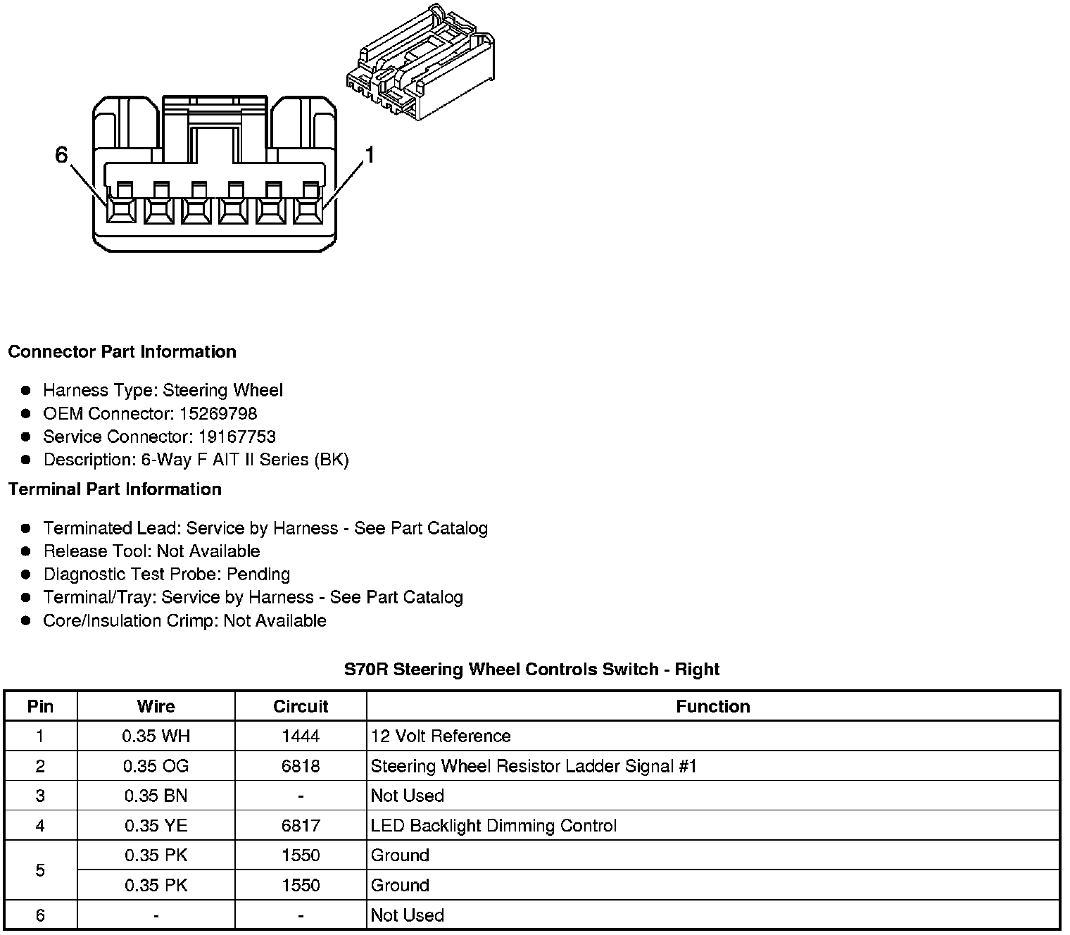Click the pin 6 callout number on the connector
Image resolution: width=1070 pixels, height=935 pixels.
(62, 155)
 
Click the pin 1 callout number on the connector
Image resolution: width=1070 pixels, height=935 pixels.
(370, 155)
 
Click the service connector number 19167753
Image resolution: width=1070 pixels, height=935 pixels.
(237, 437)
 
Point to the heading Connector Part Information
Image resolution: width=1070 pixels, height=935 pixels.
(122, 351)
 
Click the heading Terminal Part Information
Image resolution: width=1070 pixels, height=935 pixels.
(115, 489)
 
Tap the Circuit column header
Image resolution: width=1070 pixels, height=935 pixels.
(301, 706)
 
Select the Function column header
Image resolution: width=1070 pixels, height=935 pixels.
(712, 706)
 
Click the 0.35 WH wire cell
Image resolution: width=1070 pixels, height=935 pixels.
(156, 736)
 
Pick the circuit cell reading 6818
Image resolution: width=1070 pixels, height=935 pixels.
(301, 766)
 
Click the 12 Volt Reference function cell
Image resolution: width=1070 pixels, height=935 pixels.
(441, 736)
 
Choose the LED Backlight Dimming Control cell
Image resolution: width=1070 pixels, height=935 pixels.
(493, 825)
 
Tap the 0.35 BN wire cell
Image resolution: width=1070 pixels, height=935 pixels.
(156, 796)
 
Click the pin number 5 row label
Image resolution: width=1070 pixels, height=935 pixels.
(40, 870)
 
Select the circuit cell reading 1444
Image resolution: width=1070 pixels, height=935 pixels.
(301, 736)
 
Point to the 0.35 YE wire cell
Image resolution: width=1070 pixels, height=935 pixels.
(156, 825)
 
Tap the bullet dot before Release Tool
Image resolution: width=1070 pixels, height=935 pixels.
(26, 551)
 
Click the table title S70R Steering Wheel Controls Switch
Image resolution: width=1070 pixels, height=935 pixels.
(531, 669)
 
